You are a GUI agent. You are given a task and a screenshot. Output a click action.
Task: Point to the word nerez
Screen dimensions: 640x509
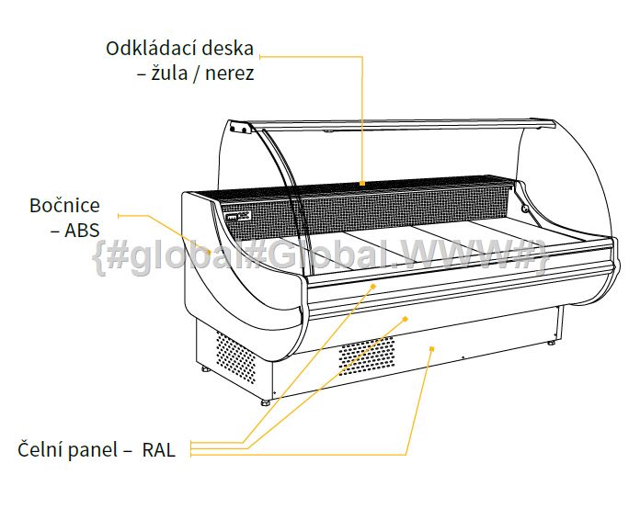coord(229,74)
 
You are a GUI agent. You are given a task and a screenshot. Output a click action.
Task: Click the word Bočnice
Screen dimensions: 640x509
coord(64,205)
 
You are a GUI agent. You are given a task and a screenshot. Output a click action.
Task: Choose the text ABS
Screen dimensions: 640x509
coord(82,231)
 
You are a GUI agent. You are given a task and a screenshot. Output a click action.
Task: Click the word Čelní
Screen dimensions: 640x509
coord(40,449)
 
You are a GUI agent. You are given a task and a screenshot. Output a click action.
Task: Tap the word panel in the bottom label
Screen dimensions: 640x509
coord(92,451)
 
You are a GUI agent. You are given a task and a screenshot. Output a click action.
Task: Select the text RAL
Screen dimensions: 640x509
coord(159,450)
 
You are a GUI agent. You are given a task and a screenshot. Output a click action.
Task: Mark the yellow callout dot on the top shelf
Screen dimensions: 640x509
coord(362,183)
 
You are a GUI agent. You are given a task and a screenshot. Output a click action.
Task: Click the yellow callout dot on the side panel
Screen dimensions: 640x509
coord(210,253)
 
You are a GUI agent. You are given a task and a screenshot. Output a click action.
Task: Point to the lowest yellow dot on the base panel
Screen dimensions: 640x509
coord(432,349)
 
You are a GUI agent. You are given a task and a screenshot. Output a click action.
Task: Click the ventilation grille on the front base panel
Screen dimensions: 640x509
coord(367,356)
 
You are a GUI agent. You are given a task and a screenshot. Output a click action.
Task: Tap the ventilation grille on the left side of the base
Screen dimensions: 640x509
coord(235,357)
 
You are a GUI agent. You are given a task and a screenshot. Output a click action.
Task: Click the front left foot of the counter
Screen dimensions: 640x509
coord(266,402)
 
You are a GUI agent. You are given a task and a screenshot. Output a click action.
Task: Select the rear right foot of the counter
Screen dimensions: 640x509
coord(551,343)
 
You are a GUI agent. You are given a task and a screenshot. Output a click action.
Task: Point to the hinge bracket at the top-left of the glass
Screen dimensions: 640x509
coord(240,127)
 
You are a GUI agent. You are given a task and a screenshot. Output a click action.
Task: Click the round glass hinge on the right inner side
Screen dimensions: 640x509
coord(525,209)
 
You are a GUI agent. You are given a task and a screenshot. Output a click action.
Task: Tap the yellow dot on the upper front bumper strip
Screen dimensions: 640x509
coord(372,287)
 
